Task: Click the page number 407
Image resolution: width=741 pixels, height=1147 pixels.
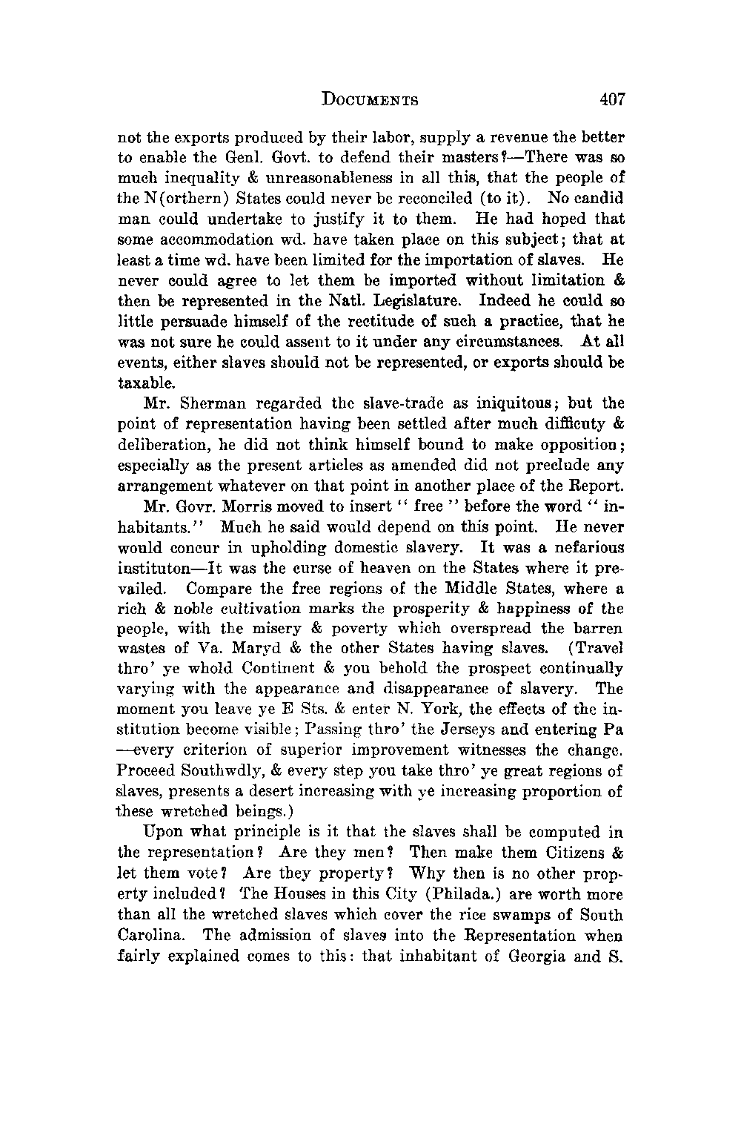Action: coord(613,99)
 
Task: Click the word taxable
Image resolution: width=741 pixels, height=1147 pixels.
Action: coord(147,384)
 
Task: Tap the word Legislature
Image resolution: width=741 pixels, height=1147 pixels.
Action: coord(415,302)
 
